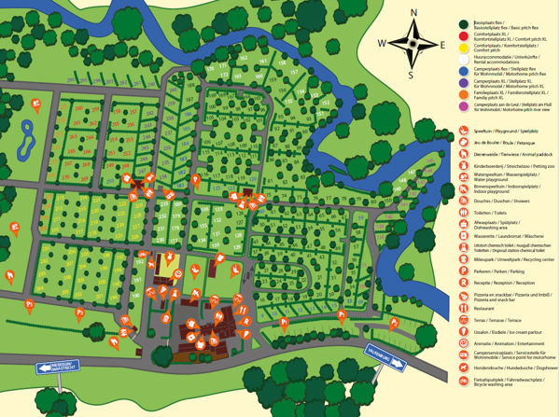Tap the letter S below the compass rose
point(412,74)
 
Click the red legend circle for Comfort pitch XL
point(465,39)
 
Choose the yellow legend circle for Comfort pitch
point(465,53)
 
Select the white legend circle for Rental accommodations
point(465,68)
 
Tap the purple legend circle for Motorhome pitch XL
point(465,97)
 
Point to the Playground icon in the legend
point(465,145)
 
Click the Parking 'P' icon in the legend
point(465,270)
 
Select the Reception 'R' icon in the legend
point(465,282)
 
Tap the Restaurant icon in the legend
point(465,307)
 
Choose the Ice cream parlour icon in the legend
point(465,331)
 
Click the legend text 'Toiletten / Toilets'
point(489,213)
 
